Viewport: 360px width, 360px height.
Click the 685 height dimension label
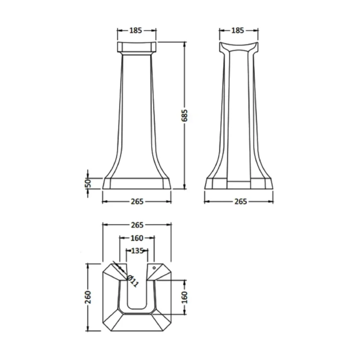[185, 115]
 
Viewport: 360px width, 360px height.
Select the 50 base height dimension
[88, 183]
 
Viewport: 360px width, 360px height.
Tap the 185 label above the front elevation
[136, 30]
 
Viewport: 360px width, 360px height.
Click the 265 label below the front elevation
[137, 202]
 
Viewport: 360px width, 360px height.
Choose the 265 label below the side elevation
[239, 202]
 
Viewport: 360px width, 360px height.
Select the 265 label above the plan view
[137, 225]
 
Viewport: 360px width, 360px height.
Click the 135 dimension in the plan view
[137, 251]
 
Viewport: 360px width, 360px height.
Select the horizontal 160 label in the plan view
[137, 238]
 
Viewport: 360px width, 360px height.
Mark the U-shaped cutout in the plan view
[137, 292]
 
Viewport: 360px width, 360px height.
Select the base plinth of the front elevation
[137, 184]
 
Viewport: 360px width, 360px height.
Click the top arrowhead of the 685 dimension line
[185, 44]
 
